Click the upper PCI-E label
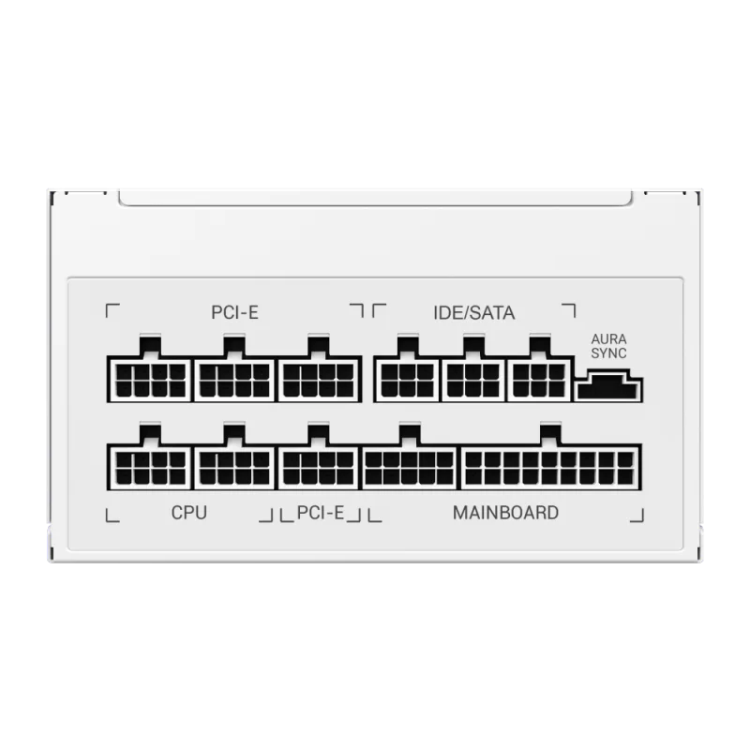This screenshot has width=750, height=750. [234, 312]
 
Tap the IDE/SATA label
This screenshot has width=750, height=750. [474, 312]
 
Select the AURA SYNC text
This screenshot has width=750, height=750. [608, 346]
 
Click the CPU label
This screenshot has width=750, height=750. [189, 513]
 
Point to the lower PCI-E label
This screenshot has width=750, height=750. [321, 513]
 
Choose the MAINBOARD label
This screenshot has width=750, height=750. [505, 513]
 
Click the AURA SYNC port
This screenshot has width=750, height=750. [608, 385]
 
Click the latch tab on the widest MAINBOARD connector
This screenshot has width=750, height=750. [550, 434]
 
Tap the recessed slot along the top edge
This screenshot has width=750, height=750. [376, 198]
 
